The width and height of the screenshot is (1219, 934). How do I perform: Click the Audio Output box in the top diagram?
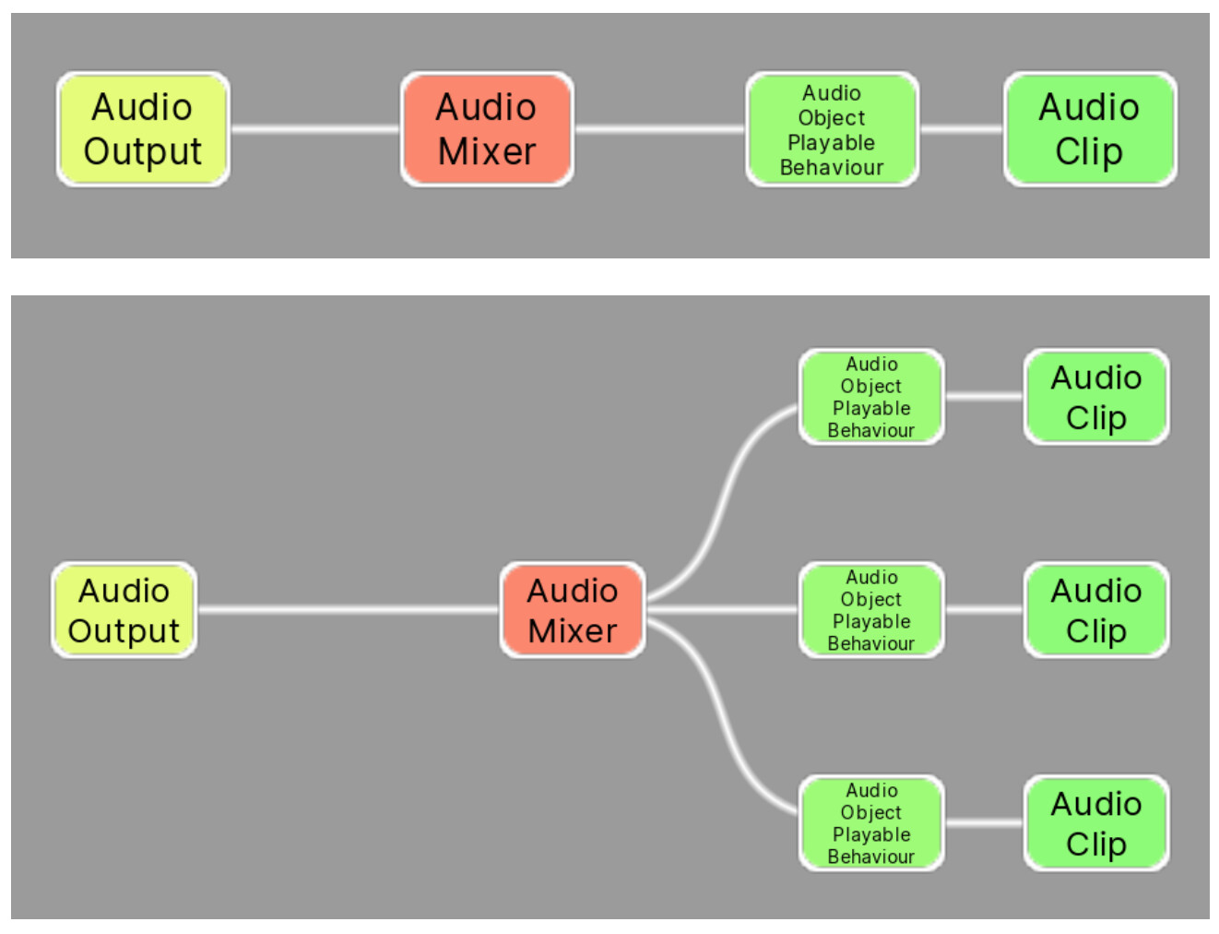(x=143, y=129)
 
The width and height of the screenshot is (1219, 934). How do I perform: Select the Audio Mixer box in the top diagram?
(x=487, y=129)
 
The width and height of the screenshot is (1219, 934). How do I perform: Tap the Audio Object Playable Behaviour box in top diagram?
(x=832, y=129)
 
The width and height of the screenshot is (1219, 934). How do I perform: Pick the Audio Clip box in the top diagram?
(x=1089, y=129)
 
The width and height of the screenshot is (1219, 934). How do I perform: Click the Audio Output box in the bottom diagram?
(x=124, y=610)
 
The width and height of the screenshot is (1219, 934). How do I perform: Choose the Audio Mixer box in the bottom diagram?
(x=572, y=610)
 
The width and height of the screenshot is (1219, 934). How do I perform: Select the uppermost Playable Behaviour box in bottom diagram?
(x=871, y=397)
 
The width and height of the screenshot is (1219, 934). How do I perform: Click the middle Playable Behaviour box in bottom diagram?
(x=871, y=610)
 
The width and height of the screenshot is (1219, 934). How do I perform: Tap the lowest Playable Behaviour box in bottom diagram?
(x=871, y=823)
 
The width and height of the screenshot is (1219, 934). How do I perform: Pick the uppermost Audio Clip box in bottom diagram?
(x=1096, y=397)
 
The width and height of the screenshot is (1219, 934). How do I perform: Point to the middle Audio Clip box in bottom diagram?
(x=1096, y=610)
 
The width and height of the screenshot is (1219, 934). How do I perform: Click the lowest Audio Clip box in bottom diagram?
(x=1096, y=823)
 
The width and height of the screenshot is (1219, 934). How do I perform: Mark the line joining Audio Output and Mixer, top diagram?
(x=314, y=129)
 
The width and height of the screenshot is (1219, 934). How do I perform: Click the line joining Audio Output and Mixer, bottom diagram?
(x=348, y=610)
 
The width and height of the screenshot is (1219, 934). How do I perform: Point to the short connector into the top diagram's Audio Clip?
(x=961, y=129)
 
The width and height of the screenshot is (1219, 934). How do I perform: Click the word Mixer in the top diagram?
(x=487, y=151)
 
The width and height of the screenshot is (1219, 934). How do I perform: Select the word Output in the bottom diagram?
(x=124, y=631)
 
